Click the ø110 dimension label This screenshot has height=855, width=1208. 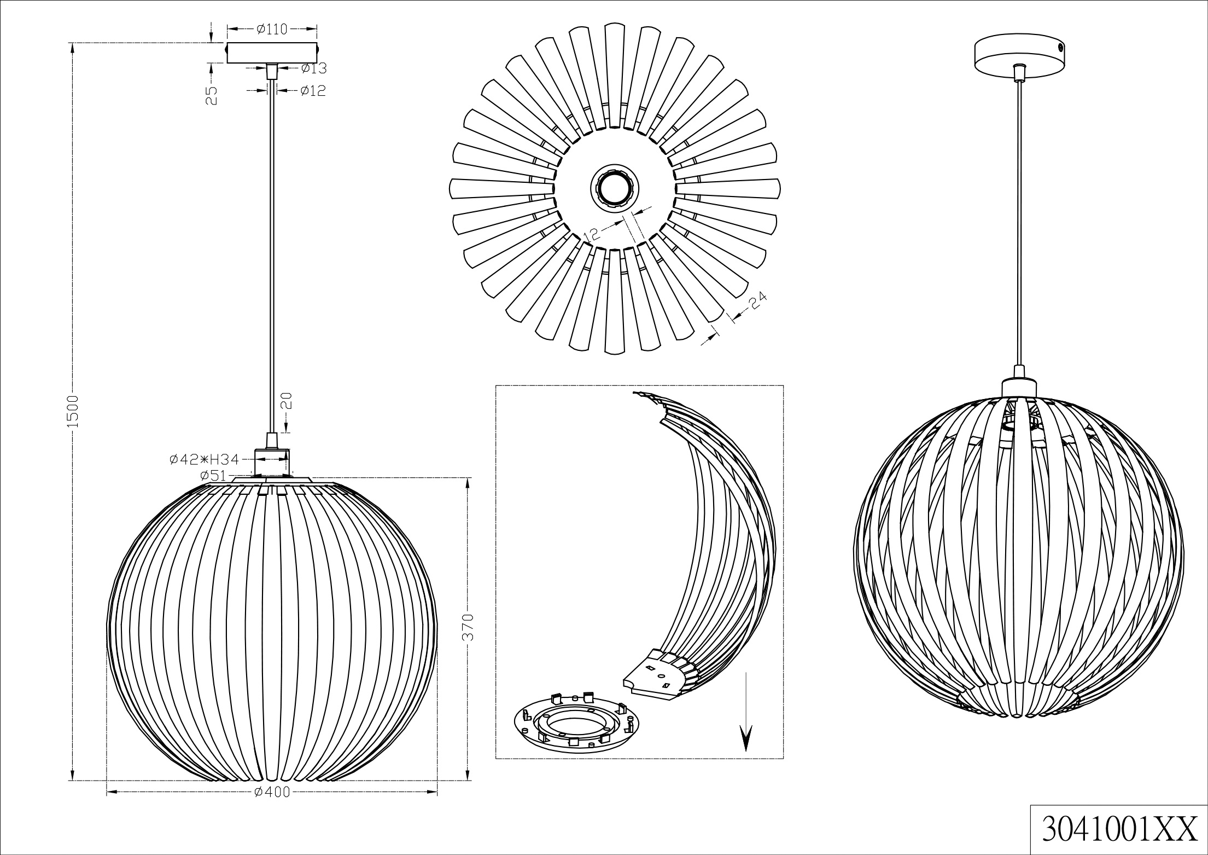point(272,29)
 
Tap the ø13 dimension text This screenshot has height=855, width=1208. point(313,68)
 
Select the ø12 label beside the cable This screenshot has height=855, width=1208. point(313,91)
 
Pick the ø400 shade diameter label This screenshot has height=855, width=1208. point(272,792)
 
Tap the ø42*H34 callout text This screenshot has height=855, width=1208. point(204,460)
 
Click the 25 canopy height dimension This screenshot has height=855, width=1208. point(213,95)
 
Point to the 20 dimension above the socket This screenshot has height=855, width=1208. point(288,401)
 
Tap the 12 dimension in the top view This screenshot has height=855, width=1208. point(593,234)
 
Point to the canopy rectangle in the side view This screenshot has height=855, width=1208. point(272,53)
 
